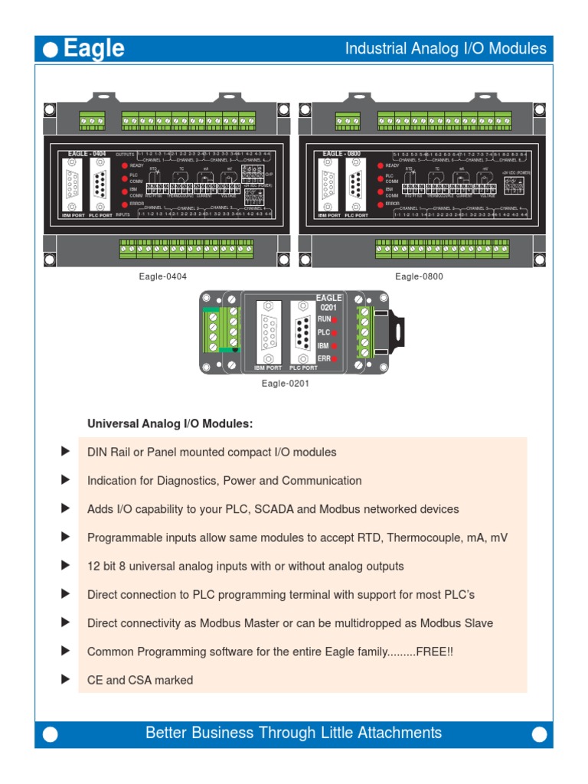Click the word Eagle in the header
pos(93,49)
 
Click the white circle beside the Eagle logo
pos(51,51)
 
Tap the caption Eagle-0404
pos(163,276)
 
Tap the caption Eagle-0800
pos(419,276)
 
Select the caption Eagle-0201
pos(285,384)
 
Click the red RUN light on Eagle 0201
pos(335,318)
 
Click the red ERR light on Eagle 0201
pos(335,358)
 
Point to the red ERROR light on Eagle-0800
pos(380,204)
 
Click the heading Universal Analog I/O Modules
pos(170,423)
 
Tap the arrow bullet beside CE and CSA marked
pos(65,679)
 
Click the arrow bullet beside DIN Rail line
pos(65,452)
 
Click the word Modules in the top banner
pos(520,49)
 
